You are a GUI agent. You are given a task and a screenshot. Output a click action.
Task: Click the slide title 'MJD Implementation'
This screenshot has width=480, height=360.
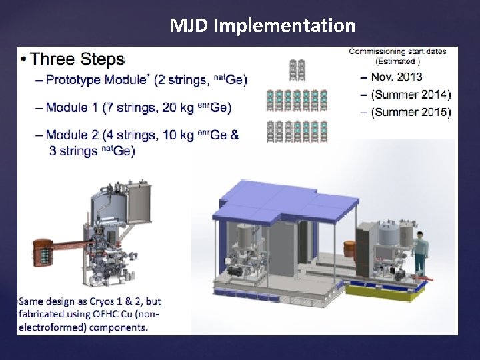coord(262,25)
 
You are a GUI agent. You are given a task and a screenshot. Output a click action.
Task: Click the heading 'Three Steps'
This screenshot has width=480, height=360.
coord(77,59)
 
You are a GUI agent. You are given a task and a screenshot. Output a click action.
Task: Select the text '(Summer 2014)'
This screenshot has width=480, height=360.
coord(411,95)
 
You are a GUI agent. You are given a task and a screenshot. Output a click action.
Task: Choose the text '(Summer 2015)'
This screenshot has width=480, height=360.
coord(411,112)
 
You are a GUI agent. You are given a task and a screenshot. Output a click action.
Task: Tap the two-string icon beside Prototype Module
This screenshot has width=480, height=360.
coord(297,69)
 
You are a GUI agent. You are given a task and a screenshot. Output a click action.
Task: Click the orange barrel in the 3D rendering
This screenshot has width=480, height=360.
coord(349,250)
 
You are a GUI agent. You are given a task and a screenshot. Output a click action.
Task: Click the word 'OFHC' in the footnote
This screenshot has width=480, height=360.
coord(97,314)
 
